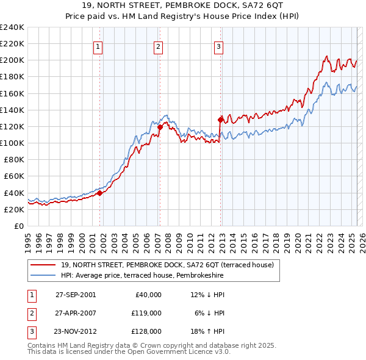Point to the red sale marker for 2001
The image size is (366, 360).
[x=100, y=193]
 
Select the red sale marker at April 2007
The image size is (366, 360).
[x=160, y=128]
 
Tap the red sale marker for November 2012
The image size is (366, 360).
[x=221, y=120]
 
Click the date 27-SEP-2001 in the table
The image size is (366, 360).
[x=76, y=295]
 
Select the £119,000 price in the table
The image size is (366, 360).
[x=147, y=313]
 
